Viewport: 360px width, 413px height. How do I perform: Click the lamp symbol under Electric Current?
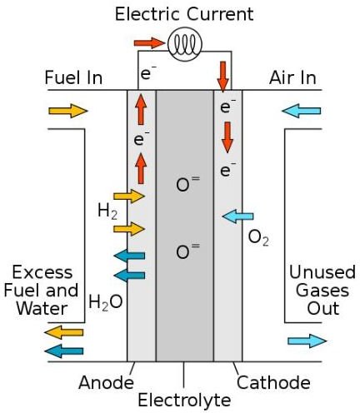tap(185, 44)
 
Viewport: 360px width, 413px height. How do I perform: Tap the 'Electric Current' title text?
tap(184, 14)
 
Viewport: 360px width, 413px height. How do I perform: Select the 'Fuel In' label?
tap(73, 77)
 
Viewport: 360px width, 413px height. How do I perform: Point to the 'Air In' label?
tap(292, 77)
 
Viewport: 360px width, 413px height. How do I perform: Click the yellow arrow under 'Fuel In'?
tap(68, 111)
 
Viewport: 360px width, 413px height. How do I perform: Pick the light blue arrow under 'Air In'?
tap(302, 111)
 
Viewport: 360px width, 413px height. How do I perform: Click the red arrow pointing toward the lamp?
tap(149, 43)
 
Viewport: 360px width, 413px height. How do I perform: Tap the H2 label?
tap(107, 211)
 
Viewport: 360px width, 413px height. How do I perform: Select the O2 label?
tap(258, 238)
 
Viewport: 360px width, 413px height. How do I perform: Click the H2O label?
tap(106, 302)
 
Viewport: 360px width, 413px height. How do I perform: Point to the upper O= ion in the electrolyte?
tap(187, 184)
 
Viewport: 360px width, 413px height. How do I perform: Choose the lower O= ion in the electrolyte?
tap(187, 251)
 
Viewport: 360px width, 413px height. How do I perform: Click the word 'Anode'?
tap(106, 382)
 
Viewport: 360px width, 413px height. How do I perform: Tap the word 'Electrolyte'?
tap(184, 401)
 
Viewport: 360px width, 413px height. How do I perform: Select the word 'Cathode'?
tap(273, 382)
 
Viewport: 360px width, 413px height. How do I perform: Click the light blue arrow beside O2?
tap(238, 216)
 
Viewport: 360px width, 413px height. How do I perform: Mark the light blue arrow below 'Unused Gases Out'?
tap(307, 341)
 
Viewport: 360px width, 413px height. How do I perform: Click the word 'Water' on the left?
tap(42, 309)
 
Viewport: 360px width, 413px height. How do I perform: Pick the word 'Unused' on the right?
tap(322, 272)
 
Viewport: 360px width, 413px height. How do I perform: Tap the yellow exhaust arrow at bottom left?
tap(64, 332)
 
